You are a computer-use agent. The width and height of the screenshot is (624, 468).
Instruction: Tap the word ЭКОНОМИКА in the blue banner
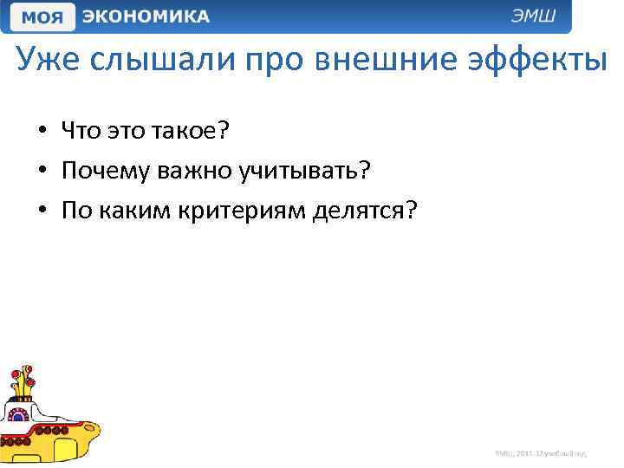(146, 16)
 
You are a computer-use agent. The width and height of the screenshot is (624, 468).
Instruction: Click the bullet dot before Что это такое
(42, 133)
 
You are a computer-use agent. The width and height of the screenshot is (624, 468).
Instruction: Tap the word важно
(199, 171)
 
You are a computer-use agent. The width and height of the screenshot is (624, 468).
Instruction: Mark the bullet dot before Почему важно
(42, 172)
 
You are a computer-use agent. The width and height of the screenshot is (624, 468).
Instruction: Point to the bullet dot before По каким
(42, 211)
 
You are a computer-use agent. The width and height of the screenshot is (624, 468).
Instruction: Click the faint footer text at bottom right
(541, 452)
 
